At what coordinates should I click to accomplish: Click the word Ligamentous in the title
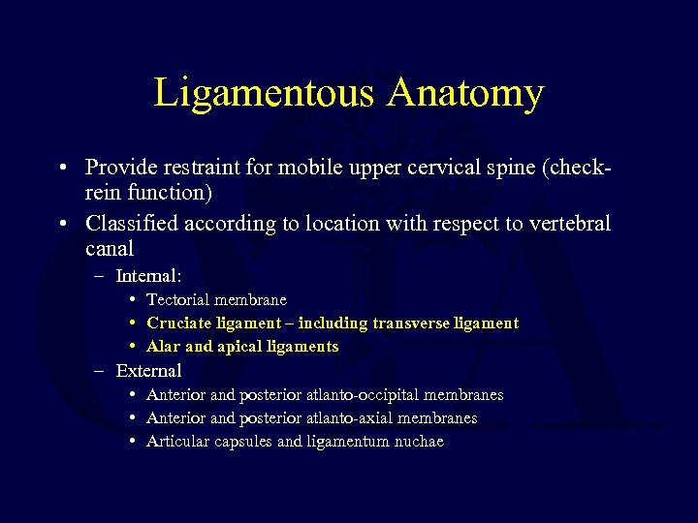coord(264,93)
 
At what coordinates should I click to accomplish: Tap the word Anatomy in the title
coord(465,93)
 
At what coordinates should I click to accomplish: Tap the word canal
coord(110,248)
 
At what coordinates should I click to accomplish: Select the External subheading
coord(148,371)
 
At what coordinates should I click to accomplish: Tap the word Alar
coord(163,347)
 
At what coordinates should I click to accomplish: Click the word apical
coord(239,347)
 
